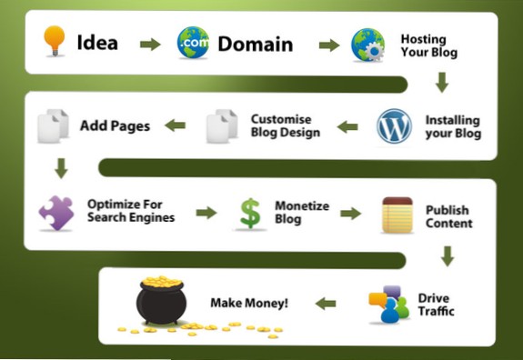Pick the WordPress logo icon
click(x=394, y=126)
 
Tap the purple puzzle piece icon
click(x=55, y=212)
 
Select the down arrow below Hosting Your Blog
click(x=442, y=83)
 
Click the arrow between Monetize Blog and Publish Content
click(x=348, y=214)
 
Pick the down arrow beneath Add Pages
click(x=61, y=168)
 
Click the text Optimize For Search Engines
click(x=130, y=211)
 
